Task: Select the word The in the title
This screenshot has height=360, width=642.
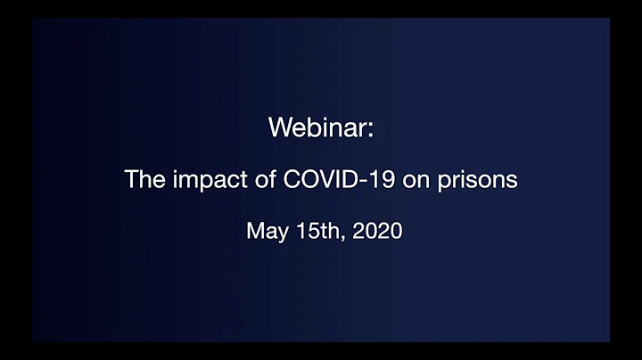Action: click(x=143, y=179)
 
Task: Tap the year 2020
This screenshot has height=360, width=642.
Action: click(x=377, y=231)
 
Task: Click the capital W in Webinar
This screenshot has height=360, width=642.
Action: click(x=279, y=127)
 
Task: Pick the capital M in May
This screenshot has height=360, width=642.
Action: click(x=254, y=231)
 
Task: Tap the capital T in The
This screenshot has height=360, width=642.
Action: click(x=131, y=179)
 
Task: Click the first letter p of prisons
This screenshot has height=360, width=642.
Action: click(x=449, y=182)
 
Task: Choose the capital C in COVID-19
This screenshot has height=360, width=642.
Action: click(x=290, y=179)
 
